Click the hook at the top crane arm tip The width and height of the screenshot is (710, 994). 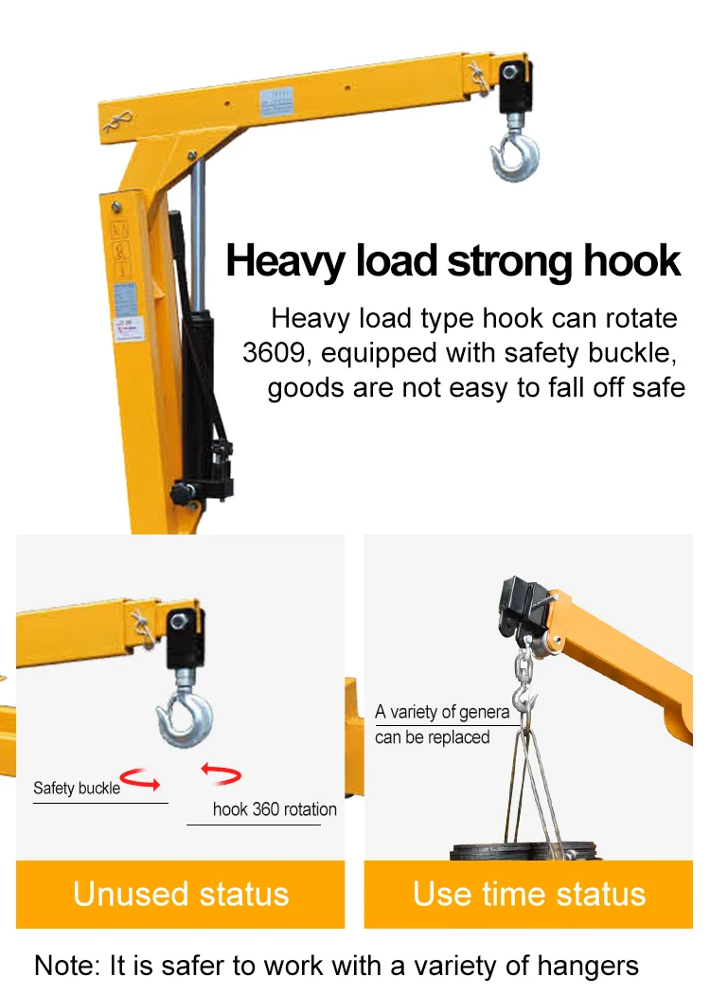pos(515,154)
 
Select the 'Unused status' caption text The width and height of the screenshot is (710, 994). pos(180,894)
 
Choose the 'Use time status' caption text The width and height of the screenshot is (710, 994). pos(528,894)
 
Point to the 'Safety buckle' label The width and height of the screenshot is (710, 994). pos(77,788)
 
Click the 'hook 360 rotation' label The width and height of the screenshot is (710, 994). pos(275,809)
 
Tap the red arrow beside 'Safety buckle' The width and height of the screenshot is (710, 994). pos(140,781)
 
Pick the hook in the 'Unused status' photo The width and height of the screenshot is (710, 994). pos(185,719)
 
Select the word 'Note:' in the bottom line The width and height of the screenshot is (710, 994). pos(67,966)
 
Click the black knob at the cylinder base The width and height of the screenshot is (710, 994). pos(180,492)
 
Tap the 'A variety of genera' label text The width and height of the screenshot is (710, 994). pos(442,712)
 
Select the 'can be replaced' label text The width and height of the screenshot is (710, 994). pos(433,737)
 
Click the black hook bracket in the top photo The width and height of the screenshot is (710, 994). pos(514,84)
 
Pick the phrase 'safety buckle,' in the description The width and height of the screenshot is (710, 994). pos(591,353)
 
